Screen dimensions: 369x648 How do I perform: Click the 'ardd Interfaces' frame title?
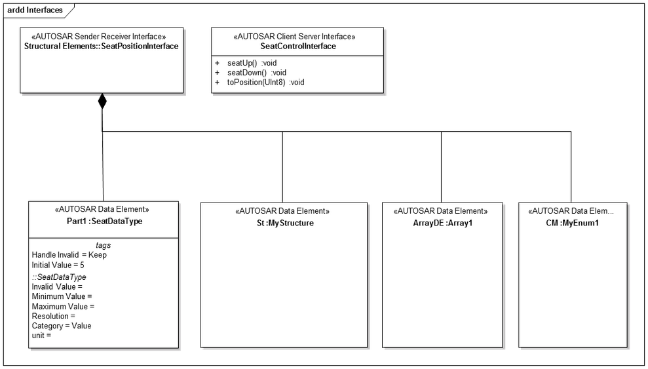coord(35,10)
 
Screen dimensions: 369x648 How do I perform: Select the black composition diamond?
coord(102,101)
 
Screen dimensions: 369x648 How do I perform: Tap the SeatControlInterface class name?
coord(298,46)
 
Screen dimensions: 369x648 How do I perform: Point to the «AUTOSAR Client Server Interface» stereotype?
coord(298,37)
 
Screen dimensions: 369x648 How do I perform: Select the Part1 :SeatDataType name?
coord(104,221)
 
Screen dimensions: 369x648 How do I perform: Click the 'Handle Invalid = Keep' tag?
coord(69,255)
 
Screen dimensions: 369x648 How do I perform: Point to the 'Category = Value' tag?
coord(62,326)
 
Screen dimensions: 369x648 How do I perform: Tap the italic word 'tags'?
coord(104,245)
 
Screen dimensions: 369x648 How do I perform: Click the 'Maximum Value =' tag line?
coord(64,306)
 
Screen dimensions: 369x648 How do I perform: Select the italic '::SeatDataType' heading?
coord(59,277)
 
